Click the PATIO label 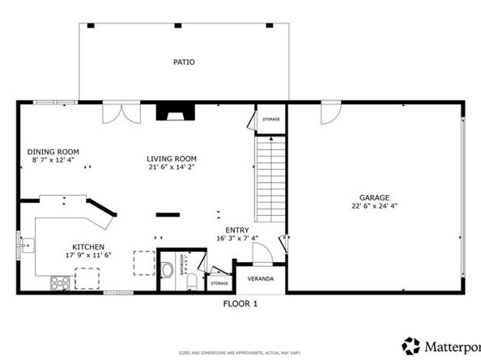pyautogui.click(x=184, y=61)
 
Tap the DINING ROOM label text pyautogui.click(x=53, y=151)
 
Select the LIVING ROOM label pyautogui.click(x=172, y=159)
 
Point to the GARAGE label pyautogui.click(x=375, y=197)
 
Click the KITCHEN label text pyautogui.click(x=87, y=247)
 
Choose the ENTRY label pyautogui.click(x=236, y=230)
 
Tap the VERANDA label pyautogui.click(x=261, y=279)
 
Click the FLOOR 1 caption pyautogui.click(x=240, y=304)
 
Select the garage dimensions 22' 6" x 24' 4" pyautogui.click(x=375, y=205)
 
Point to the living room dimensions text pyautogui.click(x=172, y=167)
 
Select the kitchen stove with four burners pyautogui.click(x=60, y=282)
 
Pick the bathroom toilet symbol pyautogui.click(x=168, y=271)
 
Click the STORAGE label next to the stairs pyautogui.click(x=270, y=120)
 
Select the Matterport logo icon pyautogui.click(x=412, y=345)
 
